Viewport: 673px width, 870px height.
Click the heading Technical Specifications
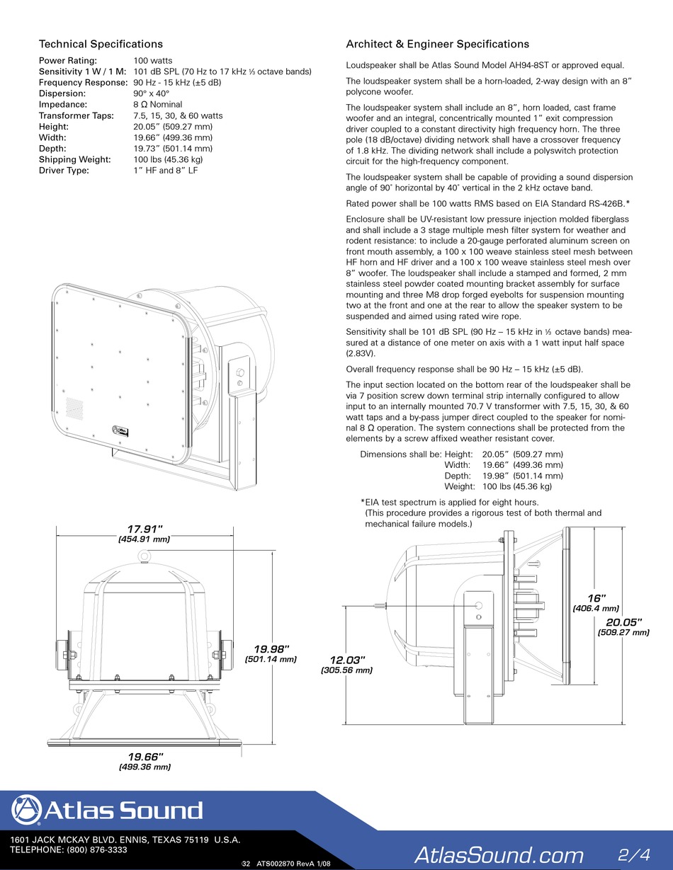[101, 44]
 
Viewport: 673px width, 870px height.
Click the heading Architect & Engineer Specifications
[437, 44]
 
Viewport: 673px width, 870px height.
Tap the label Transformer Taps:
[74, 115]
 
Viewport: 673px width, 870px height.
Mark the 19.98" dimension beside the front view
[272, 648]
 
